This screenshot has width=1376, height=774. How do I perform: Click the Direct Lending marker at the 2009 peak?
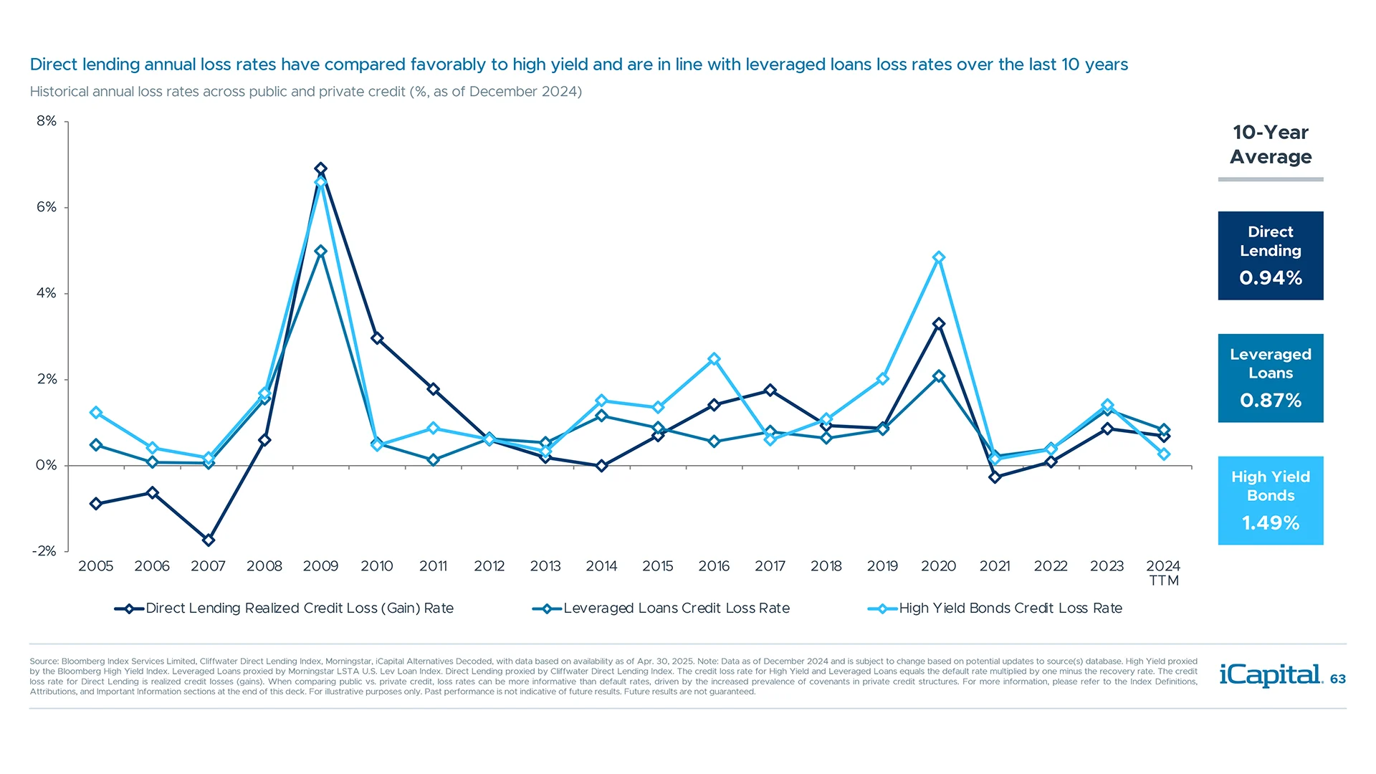pyautogui.click(x=320, y=168)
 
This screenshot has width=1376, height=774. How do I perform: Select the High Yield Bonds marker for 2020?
pyautogui.click(x=939, y=257)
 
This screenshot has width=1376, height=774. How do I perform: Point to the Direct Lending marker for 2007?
pyautogui.click(x=209, y=540)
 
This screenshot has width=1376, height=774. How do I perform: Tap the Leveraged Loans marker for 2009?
pyautogui.click(x=320, y=252)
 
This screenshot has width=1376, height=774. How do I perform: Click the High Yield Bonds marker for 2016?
pyautogui.click(x=714, y=359)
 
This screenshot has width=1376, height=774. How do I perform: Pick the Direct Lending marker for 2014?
pyautogui.click(x=601, y=466)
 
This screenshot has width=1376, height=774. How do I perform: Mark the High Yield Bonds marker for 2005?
pyautogui.click(x=96, y=413)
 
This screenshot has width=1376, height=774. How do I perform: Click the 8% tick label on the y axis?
pyautogui.click(x=47, y=121)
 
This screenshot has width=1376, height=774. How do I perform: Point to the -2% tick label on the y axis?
pyautogui.click(x=44, y=551)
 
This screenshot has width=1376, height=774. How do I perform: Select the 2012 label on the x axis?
pyautogui.click(x=489, y=566)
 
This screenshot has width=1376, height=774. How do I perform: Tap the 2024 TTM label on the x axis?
pyautogui.click(x=1163, y=573)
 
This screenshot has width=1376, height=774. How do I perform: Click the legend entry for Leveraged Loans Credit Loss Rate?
pyautogui.click(x=676, y=608)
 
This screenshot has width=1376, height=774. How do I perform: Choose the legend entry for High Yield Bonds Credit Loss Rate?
pyautogui.click(x=1010, y=608)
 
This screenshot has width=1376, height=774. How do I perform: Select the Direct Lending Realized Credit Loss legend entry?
pyautogui.click(x=299, y=608)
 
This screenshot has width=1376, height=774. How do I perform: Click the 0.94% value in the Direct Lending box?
pyautogui.click(x=1270, y=278)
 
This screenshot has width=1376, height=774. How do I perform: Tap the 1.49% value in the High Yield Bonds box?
pyautogui.click(x=1270, y=523)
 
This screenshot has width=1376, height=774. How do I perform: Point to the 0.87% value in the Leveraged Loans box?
pyautogui.click(x=1270, y=401)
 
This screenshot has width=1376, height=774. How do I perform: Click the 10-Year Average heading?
pyautogui.click(x=1270, y=145)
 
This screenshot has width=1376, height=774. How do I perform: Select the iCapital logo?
pyautogui.click(x=1270, y=674)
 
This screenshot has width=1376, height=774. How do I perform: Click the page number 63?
pyautogui.click(x=1337, y=679)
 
